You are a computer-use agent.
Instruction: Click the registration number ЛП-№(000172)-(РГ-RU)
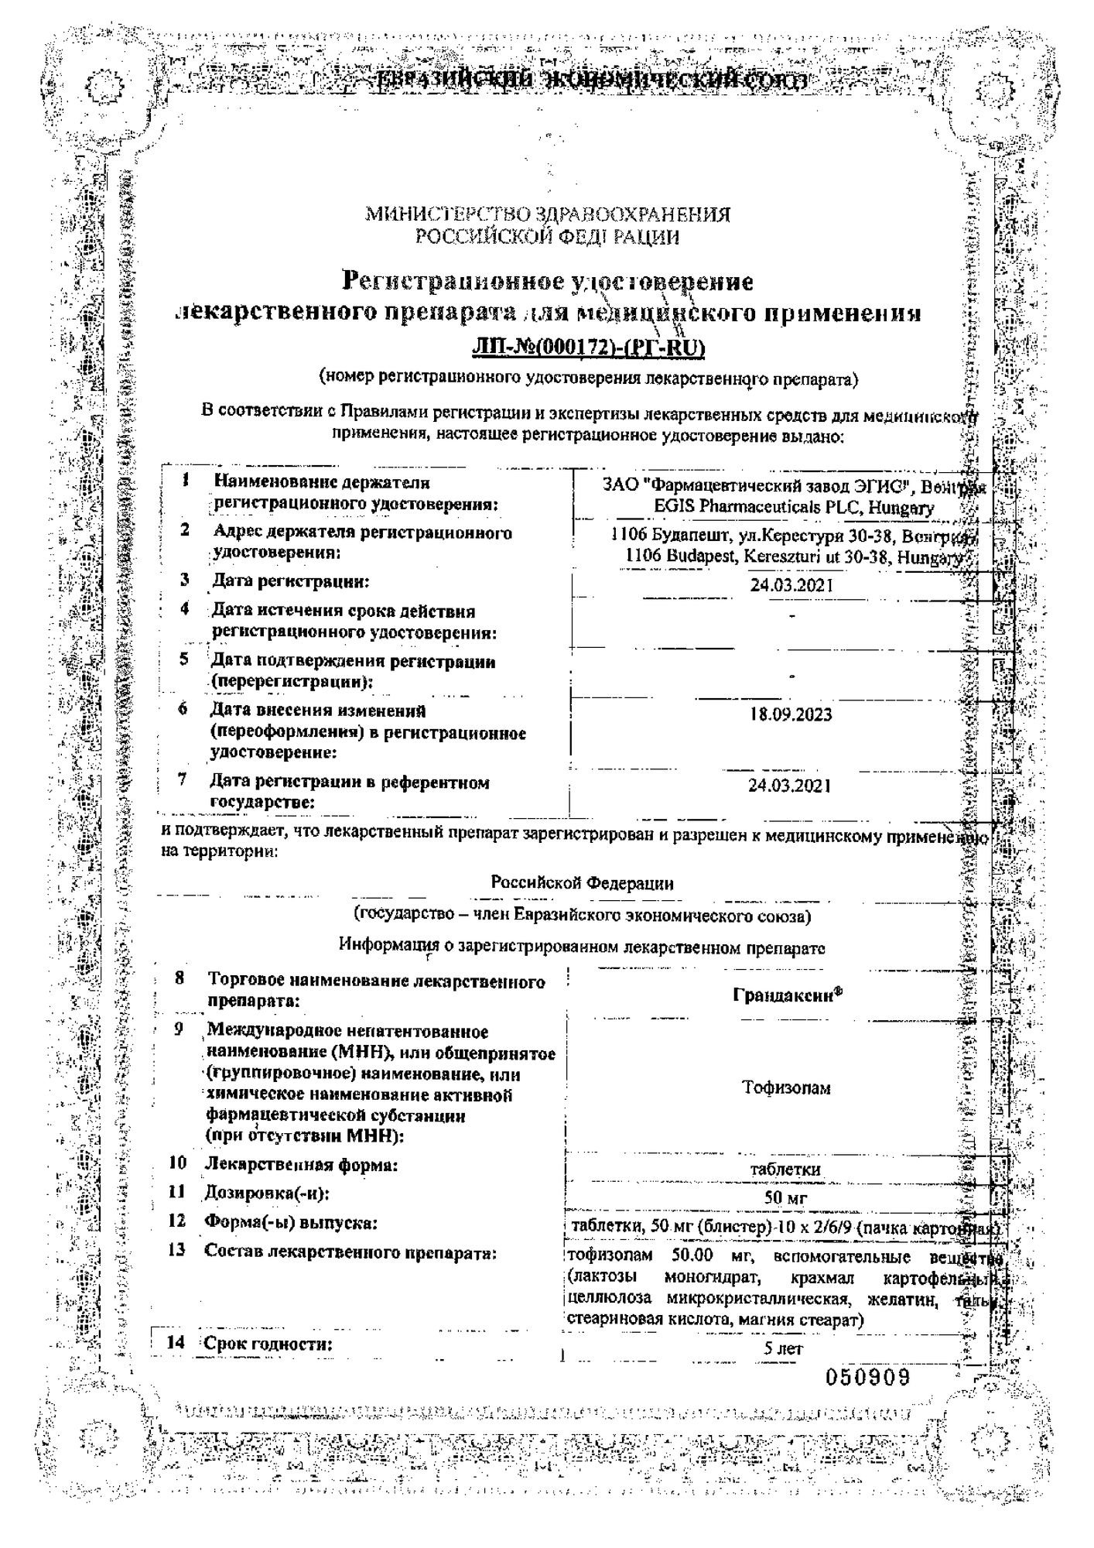click(588, 349)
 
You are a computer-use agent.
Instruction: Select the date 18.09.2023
click(790, 714)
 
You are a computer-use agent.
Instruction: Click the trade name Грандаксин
click(786, 996)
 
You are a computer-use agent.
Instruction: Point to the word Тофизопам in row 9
click(786, 1088)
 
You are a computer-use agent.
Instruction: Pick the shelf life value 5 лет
click(783, 1349)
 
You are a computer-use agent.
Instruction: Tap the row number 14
click(176, 1343)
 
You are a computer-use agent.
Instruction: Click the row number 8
click(179, 978)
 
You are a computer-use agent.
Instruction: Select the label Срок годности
click(268, 1344)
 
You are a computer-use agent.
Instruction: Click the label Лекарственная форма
click(301, 1164)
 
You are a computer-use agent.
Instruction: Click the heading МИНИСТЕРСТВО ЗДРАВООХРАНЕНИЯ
click(548, 214)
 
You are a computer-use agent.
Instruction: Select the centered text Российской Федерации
click(582, 883)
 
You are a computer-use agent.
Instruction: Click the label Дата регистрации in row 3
click(291, 580)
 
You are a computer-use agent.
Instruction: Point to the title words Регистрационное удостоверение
click(548, 281)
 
